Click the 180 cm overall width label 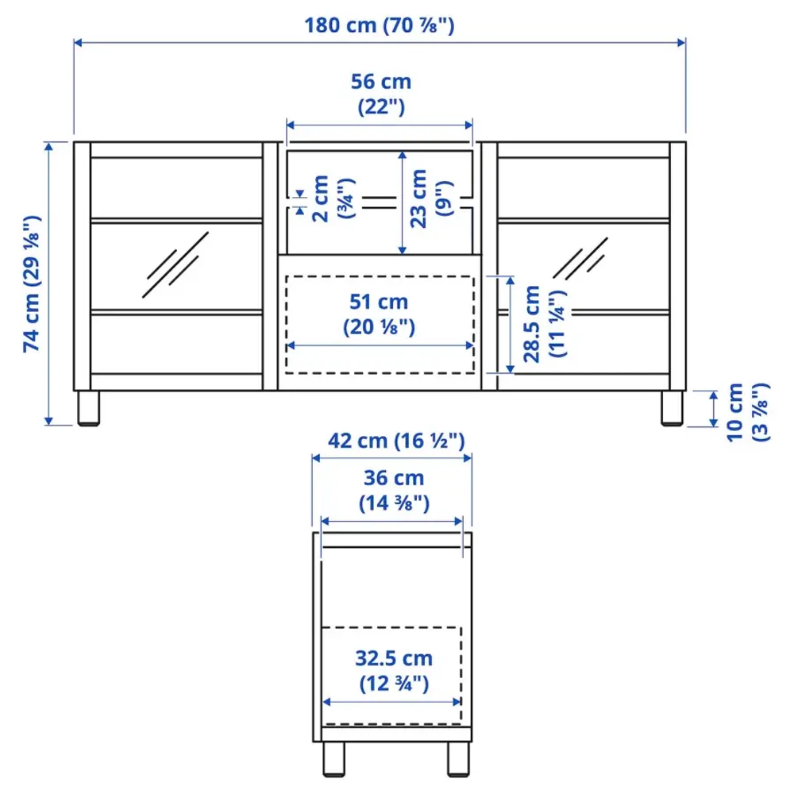click(379, 25)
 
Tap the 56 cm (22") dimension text click(380, 94)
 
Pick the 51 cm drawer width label click(380, 314)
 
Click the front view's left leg click(88, 409)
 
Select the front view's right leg click(672, 409)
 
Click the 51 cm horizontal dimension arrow click(380, 346)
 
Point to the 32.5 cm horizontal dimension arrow click(392, 702)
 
